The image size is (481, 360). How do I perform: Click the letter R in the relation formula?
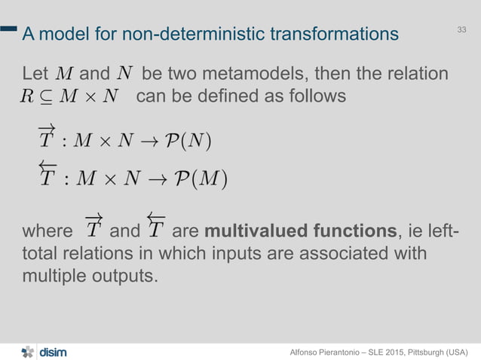pyautogui.click(x=29, y=97)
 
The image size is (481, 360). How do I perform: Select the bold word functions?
pyautogui.click(x=348, y=230)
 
